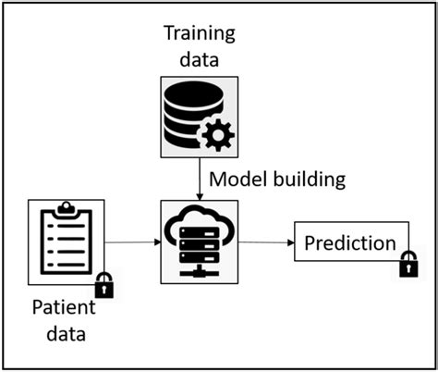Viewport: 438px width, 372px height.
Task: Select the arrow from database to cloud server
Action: pyautogui.click(x=200, y=177)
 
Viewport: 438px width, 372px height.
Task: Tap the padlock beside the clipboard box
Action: pyautogui.click(x=104, y=285)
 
